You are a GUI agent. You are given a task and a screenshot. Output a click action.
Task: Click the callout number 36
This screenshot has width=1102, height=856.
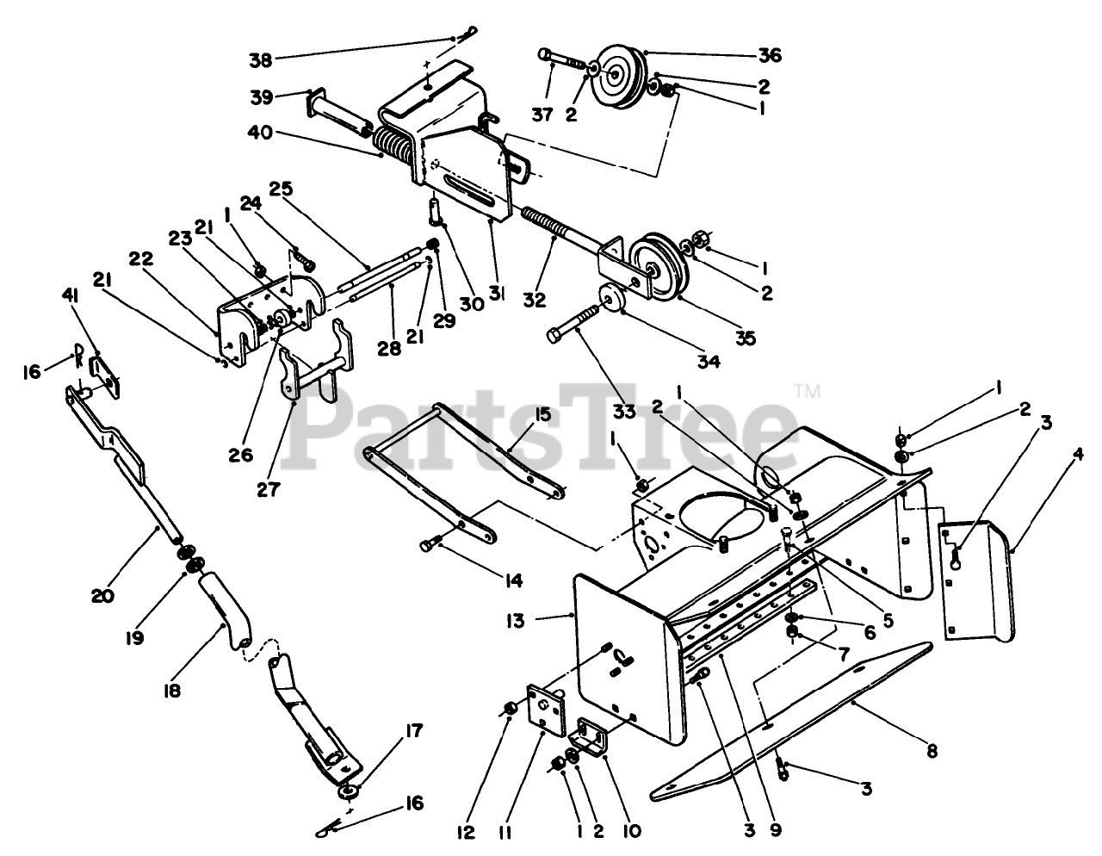770,56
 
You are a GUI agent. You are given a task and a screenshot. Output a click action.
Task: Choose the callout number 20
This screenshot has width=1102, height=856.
102,594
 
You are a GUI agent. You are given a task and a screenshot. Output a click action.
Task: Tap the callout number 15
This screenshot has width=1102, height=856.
542,414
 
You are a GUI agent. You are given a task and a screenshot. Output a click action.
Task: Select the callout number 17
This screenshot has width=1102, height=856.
414,732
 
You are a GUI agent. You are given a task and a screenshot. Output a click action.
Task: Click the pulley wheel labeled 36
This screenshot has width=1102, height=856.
616,76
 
